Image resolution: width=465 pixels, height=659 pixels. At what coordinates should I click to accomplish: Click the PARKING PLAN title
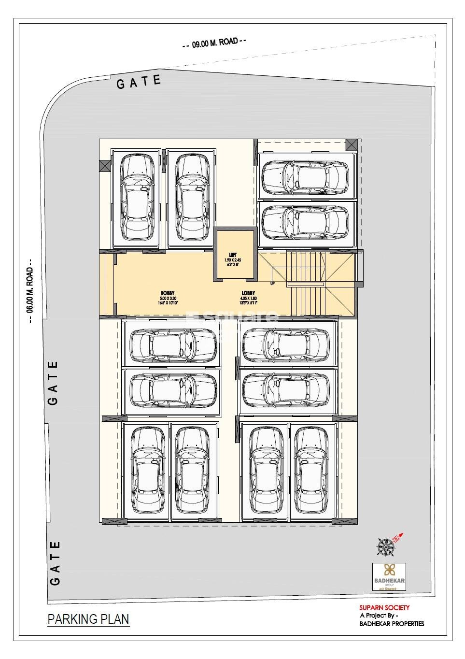pos(88,619)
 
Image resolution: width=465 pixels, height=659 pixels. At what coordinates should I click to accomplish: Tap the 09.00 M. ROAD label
pos(215,43)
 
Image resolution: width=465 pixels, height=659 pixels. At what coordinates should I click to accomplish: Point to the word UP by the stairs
pos(272,283)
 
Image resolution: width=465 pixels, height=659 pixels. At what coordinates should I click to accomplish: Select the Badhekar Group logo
pos(389,577)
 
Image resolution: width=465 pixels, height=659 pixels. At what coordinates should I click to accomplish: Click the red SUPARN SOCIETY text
pos(384,608)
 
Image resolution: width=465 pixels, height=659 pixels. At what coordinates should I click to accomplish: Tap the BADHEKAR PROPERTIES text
pos(392,623)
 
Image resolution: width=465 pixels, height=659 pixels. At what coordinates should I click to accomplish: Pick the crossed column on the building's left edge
pos(105,165)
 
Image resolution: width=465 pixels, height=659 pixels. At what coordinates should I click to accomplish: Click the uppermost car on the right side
pos(305,176)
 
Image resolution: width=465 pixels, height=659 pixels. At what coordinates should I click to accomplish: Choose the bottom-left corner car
pos(145,471)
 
